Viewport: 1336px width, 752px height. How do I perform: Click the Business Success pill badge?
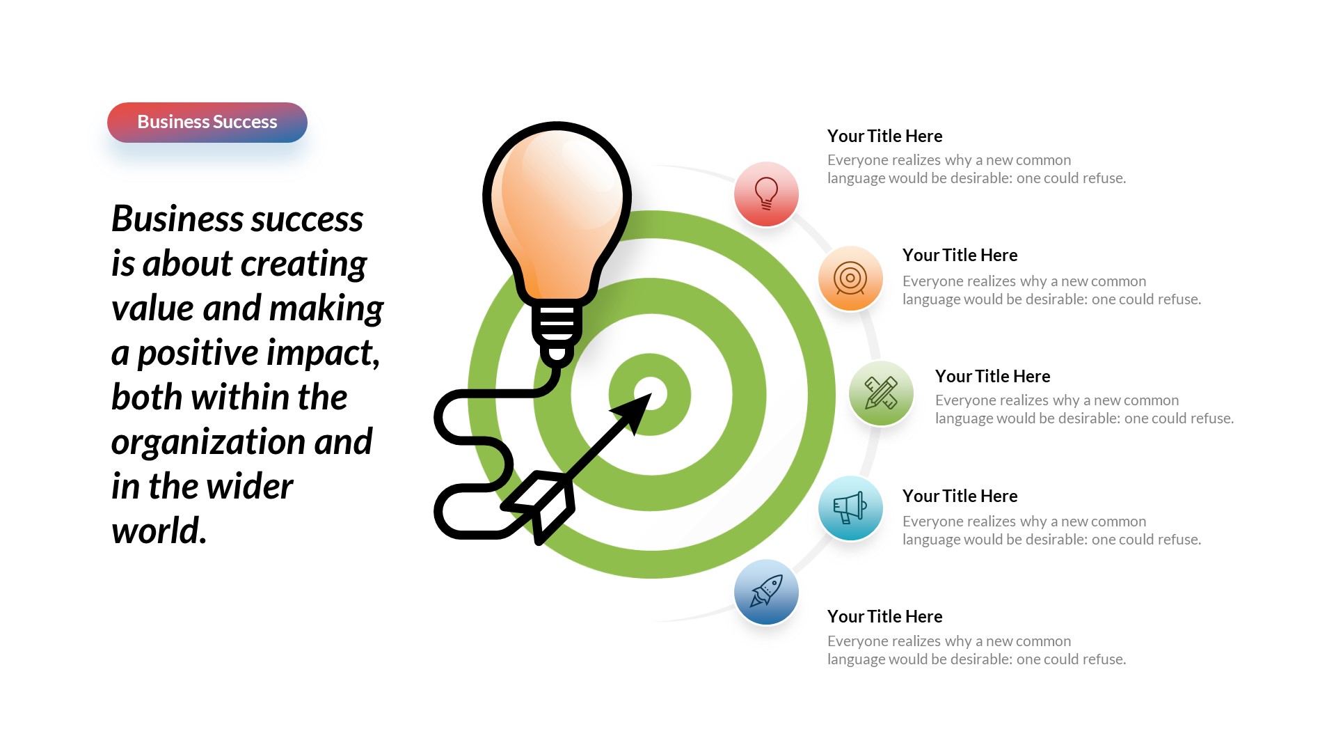(x=207, y=123)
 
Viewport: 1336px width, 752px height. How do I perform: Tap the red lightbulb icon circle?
(x=766, y=194)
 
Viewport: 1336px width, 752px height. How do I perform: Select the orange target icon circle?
(x=850, y=279)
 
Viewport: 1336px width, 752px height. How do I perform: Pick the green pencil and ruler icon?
(x=881, y=393)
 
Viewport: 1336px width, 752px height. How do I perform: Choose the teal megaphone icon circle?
(x=850, y=508)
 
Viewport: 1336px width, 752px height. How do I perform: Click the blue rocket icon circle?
(x=766, y=593)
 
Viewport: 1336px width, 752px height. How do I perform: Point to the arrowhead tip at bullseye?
(x=647, y=398)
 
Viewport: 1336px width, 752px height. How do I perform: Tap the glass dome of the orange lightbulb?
(x=557, y=202)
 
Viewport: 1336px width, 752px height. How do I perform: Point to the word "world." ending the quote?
(x=159, y=532)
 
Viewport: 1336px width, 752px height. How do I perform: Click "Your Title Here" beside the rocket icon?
(x=884, y=617)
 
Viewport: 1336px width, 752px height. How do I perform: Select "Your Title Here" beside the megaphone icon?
(x=960, y=496)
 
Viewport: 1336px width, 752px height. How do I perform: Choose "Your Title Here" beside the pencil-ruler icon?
(x=992, y=377)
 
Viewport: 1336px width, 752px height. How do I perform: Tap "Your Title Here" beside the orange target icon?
(x=960, y=256)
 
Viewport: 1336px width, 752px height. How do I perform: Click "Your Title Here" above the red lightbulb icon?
(x=884, y=136)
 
